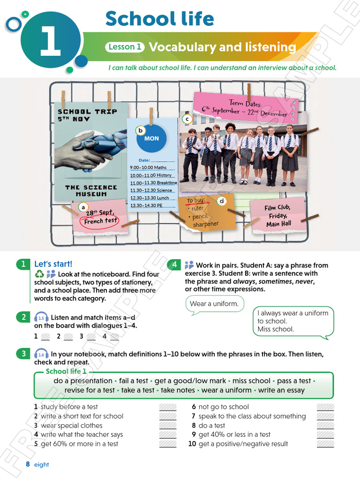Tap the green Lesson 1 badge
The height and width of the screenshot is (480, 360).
click(125, 47)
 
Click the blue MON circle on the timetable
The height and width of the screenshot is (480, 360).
click(151, 138)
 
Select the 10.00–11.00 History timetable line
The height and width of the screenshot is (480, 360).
click(151, 175)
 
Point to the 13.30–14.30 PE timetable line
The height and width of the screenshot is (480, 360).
click(147, 205)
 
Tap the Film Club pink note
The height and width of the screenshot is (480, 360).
click(278, 216)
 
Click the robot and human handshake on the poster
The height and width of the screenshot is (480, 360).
click(91, 150)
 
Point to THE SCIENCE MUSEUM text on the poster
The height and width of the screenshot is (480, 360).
click(91, 191)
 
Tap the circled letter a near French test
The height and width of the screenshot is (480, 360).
click(83, 207)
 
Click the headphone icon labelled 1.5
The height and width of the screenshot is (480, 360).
click(41, 318)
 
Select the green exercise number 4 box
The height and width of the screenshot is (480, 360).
click(174, 265)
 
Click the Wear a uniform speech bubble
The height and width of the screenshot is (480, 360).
click(214, 304)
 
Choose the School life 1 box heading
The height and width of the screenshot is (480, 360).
click(66, 372)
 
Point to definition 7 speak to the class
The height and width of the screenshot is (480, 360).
click(252, 416)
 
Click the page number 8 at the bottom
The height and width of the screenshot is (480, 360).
click(28, 465)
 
